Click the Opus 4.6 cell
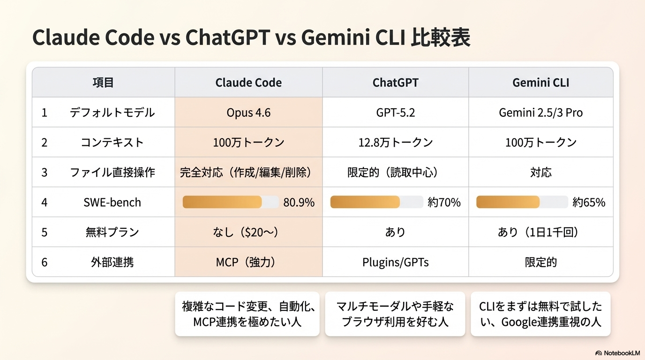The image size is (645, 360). [248, 113]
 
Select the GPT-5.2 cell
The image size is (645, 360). [395, 113]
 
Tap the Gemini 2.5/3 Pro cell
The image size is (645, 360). [540, 113]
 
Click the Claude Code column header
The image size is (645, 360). [248, 83]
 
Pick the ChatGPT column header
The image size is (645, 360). [395, 83]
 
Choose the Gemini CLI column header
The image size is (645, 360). [540, 83]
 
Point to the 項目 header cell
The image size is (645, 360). [103, 83]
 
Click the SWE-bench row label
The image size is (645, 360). [112, 202]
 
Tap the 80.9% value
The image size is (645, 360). [299, 202]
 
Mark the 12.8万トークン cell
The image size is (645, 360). [395, 142]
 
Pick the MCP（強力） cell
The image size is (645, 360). [248, 262]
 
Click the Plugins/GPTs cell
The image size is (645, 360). [395, 262]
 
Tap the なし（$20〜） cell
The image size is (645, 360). [248, 232]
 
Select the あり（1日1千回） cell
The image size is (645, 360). [540, 232]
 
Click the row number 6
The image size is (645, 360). [45, 262]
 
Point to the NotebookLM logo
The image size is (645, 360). [617, 352]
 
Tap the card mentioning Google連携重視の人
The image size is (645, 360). [540, 314]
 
